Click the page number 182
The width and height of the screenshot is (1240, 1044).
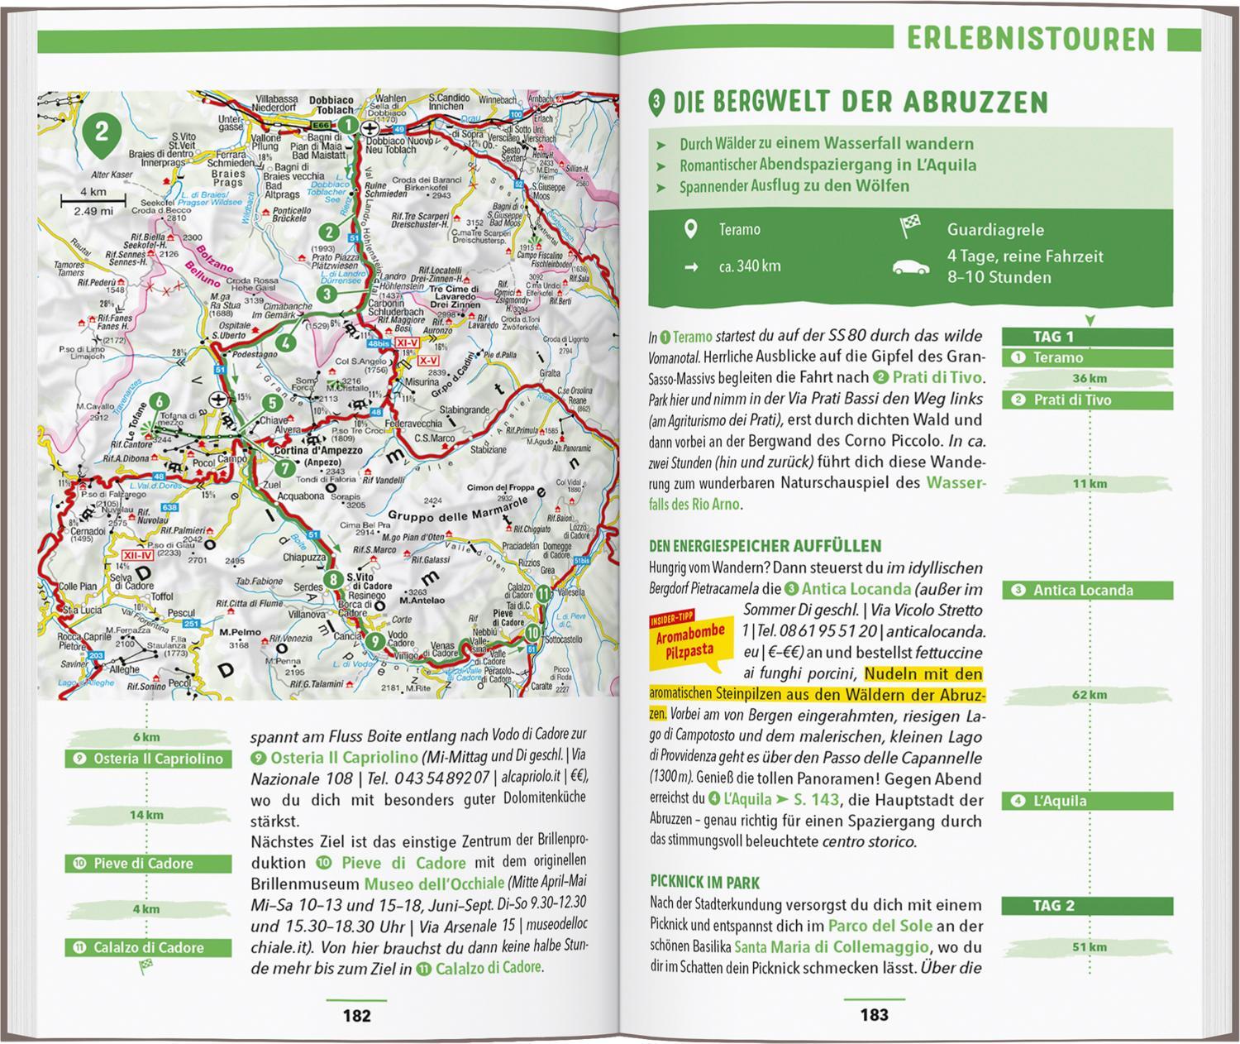(357, 1015)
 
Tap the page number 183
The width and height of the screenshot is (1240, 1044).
(874, 1015)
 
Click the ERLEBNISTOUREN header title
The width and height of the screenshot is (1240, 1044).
(1030, 39)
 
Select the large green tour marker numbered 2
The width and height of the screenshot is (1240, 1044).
(101, 133)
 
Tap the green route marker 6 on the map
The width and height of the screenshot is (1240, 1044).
(158, 403)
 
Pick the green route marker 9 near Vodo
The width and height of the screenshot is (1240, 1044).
(374, 641)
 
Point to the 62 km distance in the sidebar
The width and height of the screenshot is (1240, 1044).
(1089, 694)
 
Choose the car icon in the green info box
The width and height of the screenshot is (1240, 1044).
(911, 267)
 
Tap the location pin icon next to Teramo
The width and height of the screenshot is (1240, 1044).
(691, 229)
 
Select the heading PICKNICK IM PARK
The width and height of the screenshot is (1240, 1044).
(704, 883)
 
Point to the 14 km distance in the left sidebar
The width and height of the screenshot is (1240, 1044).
(146, 815)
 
